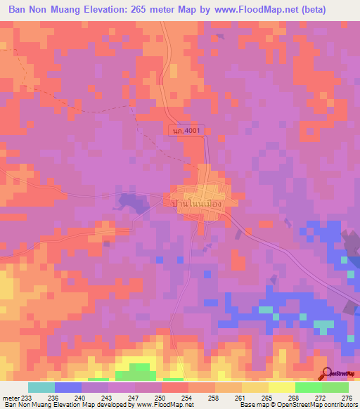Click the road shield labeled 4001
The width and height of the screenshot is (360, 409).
point(185,130)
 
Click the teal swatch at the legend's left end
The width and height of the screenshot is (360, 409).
point(41,387)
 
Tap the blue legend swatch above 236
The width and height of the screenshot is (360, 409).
point(67,387)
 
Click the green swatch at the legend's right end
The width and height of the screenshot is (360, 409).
point(335,387)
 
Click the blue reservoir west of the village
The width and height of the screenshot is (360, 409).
point(130,203)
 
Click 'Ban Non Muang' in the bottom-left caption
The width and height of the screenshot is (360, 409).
point(25,405)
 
